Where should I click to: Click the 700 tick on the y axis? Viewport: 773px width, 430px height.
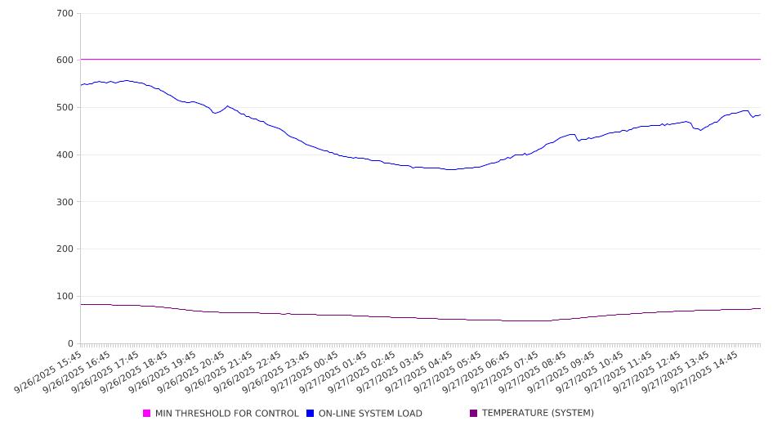tap(65, 14)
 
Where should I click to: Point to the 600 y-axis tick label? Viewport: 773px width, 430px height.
tap(65, 60)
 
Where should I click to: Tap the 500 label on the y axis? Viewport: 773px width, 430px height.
tap(65, 108)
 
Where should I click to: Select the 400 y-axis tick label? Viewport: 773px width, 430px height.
tap(65, 155)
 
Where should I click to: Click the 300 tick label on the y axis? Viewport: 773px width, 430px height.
tap(65, 202)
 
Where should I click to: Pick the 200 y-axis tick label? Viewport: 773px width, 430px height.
tap(65, 249)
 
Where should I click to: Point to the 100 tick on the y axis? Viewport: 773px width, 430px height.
tap(65, 297)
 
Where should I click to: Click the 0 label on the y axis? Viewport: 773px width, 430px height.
tap(70, 343)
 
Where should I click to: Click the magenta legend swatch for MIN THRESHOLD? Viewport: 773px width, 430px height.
tap(147, 414)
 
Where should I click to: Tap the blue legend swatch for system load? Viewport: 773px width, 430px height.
tap(311, 414)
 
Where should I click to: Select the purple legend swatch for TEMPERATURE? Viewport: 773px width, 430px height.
tap(474, 414)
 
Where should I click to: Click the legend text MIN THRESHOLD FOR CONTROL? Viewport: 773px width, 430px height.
tap(226, 414)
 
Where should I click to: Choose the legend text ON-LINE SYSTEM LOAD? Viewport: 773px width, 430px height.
tap(370, 414)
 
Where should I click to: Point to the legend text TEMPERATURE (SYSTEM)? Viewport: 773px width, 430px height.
tap(538, 414)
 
